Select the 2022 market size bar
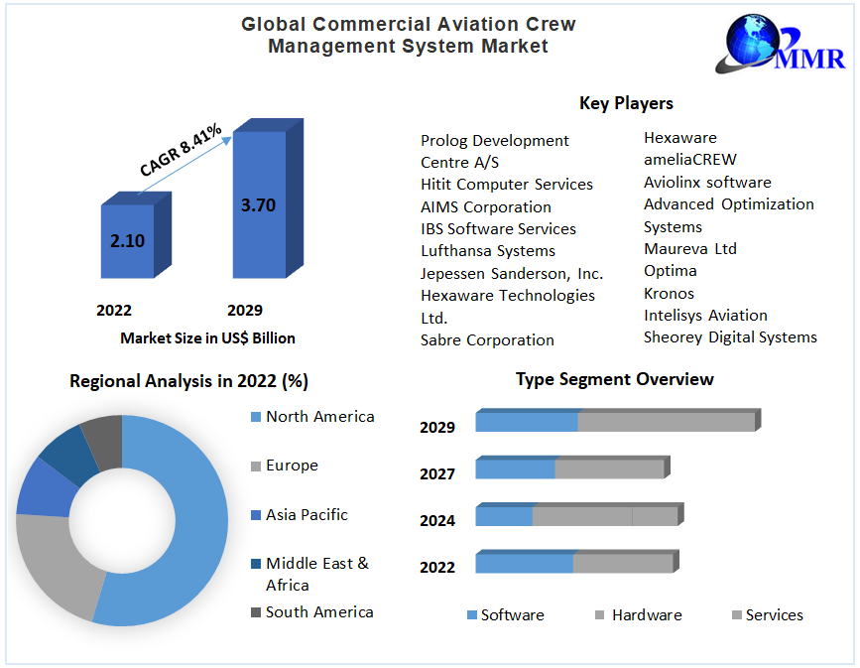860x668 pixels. (128, 240)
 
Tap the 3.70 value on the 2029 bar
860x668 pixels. (258, 205)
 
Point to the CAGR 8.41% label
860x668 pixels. (181, 150)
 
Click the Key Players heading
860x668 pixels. (626, 103)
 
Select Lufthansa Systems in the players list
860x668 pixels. (488, 251)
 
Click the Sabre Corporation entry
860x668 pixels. (487, 339)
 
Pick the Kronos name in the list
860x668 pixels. (669, 293)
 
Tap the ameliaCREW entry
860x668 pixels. (690, 160)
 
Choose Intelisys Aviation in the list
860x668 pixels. (705, 316)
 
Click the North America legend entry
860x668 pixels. (319, 417)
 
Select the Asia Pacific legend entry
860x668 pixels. (307, 515)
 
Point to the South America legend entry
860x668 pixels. (318, 612)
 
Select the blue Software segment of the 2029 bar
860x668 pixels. (527, 422)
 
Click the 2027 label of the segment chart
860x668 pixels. (437, 474)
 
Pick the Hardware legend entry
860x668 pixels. (646, 615)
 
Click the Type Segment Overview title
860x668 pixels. (614, 379)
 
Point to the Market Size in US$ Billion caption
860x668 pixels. (207, 338)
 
